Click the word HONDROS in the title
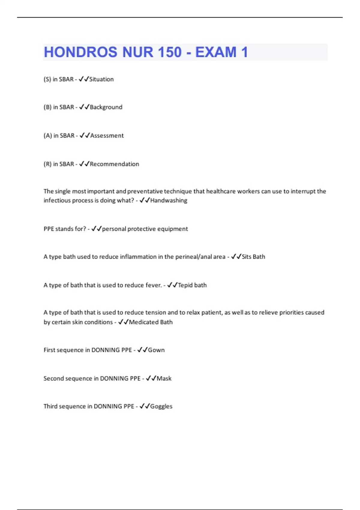point(81,52)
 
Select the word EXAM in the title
point(216,52)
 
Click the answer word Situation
point(101,79)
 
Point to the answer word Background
point(106,107)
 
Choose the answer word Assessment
point(107,136)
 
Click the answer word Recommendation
point(114,164)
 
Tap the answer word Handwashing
point(169,200)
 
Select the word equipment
point(172,229)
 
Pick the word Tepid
point(185,285)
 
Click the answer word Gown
point(156,350)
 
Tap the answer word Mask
point(164,379)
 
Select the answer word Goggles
point(161,406)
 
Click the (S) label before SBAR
point(47,79)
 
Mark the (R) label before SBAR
point(47,164)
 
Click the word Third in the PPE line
point(50,406)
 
